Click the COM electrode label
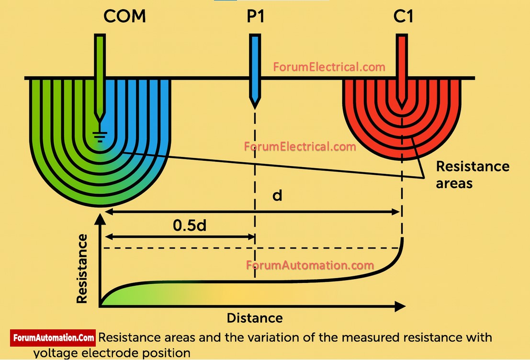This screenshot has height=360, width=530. [124, 16]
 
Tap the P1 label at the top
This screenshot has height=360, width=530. [255, 16]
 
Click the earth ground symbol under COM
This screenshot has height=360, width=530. [100, 137]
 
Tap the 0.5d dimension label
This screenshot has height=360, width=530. [190, 225]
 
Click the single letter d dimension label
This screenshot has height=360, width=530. [277, 195]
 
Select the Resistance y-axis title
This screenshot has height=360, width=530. [82, 268]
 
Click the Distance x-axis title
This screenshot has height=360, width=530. [255, 318]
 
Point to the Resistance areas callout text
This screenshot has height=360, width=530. [472, 174]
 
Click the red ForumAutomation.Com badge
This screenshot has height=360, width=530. [53, 337]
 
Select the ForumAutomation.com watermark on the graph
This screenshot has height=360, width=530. [310, 265]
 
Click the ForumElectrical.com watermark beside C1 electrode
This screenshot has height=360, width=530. [329, 67]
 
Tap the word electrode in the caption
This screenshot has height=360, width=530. [114, 353]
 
